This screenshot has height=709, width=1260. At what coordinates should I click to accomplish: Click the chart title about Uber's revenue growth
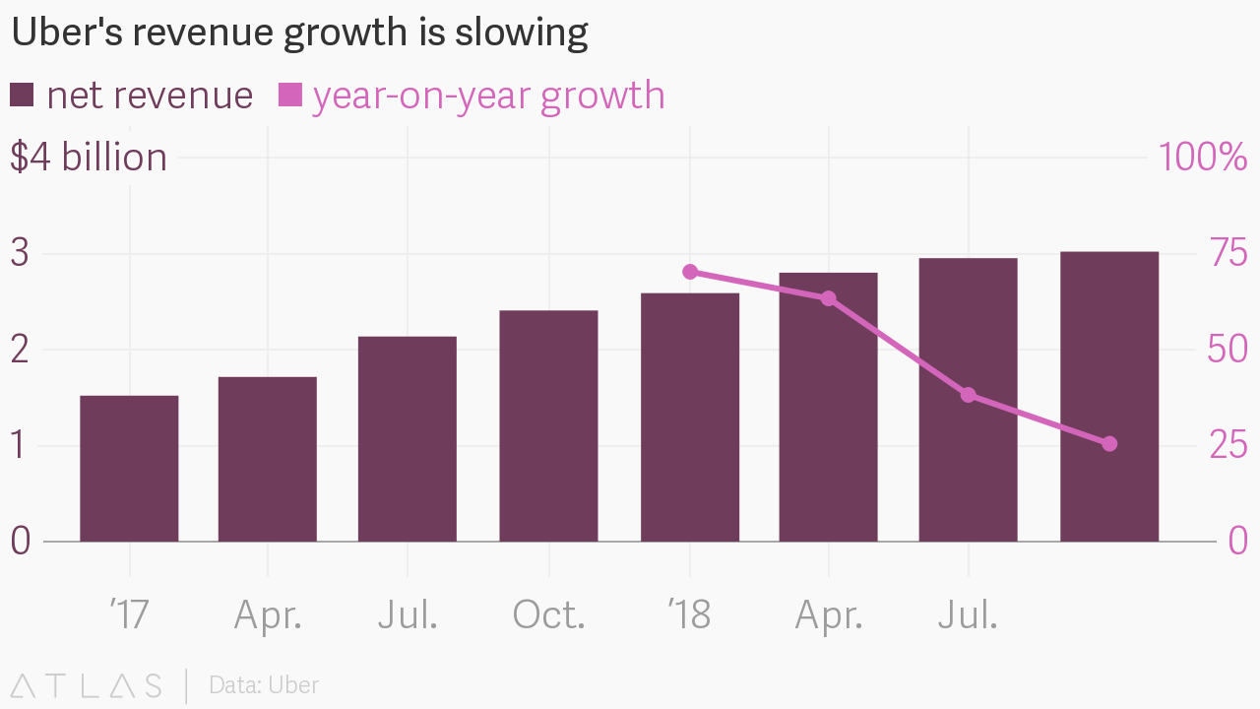299,33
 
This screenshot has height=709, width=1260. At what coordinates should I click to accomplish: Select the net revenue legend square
22,96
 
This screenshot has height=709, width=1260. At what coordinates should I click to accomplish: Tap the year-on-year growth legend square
290,96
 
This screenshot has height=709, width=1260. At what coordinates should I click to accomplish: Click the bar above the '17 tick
129,468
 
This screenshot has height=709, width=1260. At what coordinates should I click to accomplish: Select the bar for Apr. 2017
268,459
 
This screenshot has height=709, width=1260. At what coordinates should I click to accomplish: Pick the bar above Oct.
548,425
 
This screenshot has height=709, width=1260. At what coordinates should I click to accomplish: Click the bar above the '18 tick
690,417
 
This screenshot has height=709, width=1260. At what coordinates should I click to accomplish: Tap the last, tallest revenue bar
1109,396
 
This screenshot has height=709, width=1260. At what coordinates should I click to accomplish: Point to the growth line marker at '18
690,272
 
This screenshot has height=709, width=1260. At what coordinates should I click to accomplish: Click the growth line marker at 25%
1109,444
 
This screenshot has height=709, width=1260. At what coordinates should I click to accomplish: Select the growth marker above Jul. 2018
969,395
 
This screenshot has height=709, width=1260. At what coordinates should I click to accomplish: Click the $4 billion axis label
89,158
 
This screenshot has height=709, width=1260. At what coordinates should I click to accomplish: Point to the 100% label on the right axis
1203,158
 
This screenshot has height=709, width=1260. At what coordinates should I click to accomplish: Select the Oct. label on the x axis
548,615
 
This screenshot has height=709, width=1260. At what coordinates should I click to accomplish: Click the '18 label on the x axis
689,615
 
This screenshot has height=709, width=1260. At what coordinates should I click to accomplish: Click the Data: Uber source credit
264,685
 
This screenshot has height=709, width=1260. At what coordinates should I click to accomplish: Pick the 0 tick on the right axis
1237,540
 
